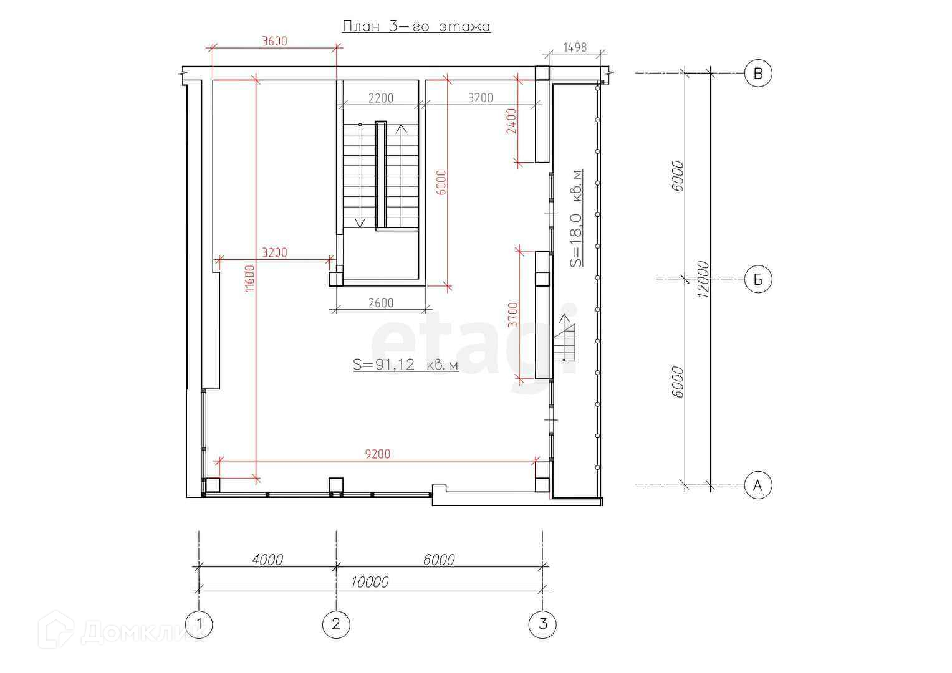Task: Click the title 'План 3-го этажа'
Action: tap(416, 26)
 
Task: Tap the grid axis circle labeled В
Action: tap(757, 73)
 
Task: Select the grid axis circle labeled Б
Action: tap(757, 279)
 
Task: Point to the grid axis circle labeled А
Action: tap(757, 485)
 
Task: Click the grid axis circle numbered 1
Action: tap(199, 624)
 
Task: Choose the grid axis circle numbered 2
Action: tap(336, 624)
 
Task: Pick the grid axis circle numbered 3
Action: tap(542, 624)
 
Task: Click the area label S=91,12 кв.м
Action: tap(406, 365)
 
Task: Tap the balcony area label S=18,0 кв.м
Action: tap(576, 218)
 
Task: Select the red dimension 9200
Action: tap(377, 454)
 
